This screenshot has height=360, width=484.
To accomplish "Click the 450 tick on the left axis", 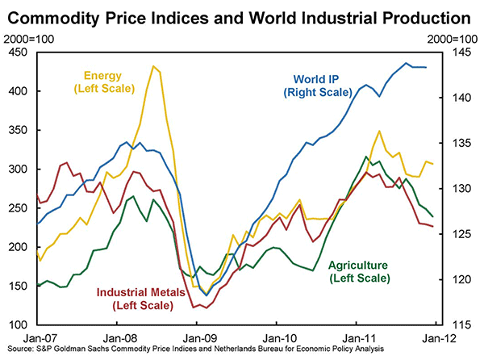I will pyautogui.click(x=17, y=52).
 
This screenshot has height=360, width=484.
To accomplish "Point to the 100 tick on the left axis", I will pyautogui.click(x=17, y=324).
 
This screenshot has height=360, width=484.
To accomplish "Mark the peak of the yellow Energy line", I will pyautogui.click(x=152, y=66).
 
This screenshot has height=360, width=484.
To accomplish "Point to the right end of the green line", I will pyautogui.click(x=432, y=216).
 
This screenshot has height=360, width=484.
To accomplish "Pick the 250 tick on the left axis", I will pyautogui.click(x=17, y=207).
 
